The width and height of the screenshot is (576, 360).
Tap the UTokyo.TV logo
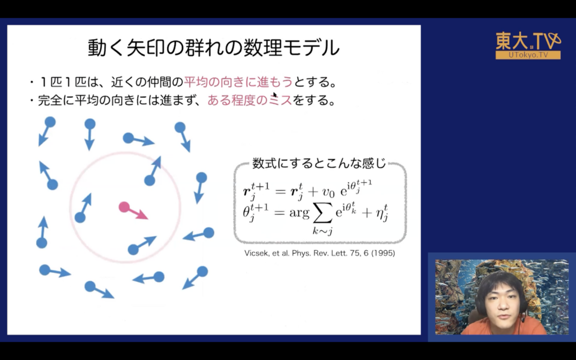(528, 46)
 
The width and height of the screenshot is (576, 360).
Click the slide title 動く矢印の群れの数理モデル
(213, 48)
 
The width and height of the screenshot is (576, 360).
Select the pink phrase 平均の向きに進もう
(238, 82)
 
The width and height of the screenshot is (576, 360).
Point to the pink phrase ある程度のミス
(250, 100)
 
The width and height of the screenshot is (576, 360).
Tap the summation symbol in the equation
(322, 214)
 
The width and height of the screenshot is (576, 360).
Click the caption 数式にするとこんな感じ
(319, 163)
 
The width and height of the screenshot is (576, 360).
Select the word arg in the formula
(299, 213)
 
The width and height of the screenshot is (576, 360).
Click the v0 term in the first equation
(327, 192)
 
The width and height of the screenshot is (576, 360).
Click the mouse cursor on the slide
(274, 94)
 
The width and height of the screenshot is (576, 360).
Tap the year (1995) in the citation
(382, 253)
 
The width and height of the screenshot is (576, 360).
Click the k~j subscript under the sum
(322, 231)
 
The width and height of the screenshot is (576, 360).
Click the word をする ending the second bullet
(310, 100)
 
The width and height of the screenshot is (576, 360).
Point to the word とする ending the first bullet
(311, 82)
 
